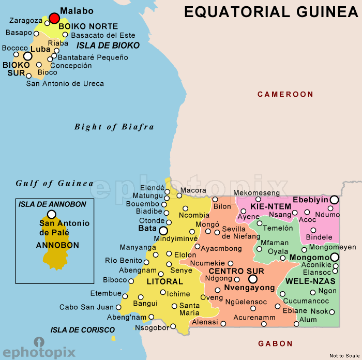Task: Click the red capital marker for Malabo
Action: coord(54,18)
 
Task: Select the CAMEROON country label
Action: coord(285,94)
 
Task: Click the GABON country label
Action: coord(275,343)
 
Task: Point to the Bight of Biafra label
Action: coord(114,127)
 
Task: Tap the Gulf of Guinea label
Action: coord(54,183)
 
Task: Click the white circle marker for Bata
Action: coord(163,231)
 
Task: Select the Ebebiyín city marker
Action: coord(335,200)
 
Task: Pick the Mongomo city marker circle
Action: coord(335,257)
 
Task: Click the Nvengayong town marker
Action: coord(253,279)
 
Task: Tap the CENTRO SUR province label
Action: coord(236,271)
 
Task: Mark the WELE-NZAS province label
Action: coord(310,281)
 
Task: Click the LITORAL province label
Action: coord(165,282)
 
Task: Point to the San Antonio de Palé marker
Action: coord(51,214)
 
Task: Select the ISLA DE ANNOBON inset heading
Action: coord(52,204)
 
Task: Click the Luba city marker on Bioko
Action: coord(28,55)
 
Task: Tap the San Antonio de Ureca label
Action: coord(65,83)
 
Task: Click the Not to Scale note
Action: coord(343,355)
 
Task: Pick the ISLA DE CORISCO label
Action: coord(83,329)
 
